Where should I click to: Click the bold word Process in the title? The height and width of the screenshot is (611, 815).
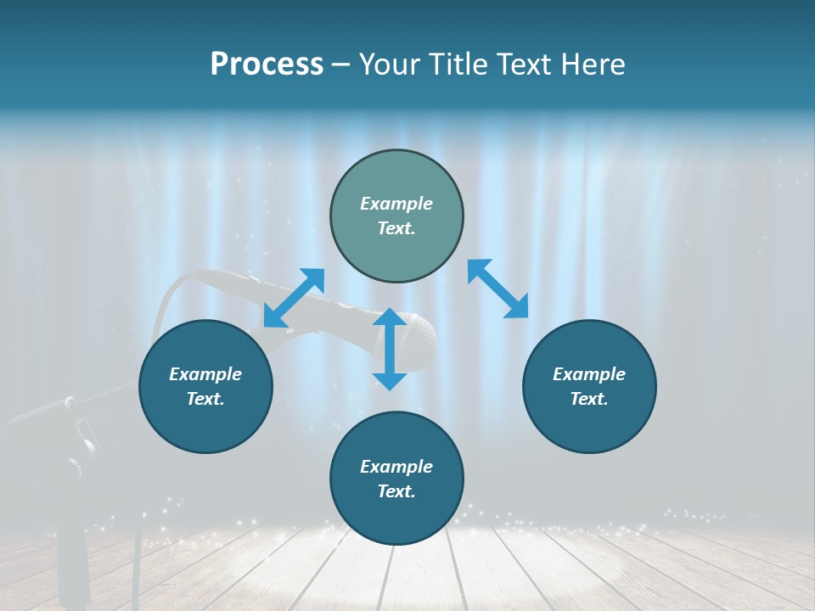[x=267, y=64]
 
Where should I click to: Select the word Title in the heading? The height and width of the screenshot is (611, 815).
[x=456, y=64]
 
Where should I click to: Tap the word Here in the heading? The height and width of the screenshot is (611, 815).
[x=593, y=64]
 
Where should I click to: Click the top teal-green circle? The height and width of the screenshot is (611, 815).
[x=396, y=216]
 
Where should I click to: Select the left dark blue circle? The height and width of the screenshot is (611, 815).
[x=205, y=386]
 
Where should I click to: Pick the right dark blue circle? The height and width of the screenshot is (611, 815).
[x=589, y=386]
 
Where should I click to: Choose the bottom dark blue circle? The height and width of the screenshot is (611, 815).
[x=396, y=479]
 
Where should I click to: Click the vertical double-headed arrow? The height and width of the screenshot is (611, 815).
[x=390, y=349]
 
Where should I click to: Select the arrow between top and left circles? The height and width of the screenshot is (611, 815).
[x=294, y=298]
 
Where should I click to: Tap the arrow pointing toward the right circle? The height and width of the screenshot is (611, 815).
[x=497, y=289]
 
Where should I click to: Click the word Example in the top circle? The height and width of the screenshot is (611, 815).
[x=396, y=204]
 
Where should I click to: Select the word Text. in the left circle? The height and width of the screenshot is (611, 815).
[x=205, y=399]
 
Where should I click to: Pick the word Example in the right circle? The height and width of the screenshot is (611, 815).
[x=589, y=374]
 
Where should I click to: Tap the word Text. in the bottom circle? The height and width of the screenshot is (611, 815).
[x=396, y=491]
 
